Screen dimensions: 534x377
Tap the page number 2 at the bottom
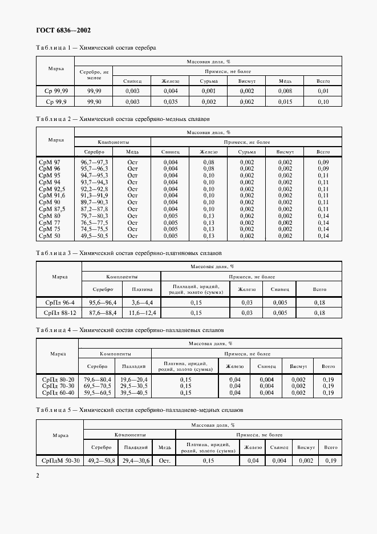(x=38, y=475)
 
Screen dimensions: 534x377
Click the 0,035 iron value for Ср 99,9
(x=171, y=102)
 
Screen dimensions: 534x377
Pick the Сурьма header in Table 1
(x=208, y=81)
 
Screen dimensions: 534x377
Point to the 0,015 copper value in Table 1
(x=285, y=102)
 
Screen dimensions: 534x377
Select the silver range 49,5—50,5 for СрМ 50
(x=95, y=236)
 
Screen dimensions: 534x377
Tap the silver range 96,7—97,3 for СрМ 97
(x=95, y=162)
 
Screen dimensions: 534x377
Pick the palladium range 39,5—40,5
(x=133, y=393)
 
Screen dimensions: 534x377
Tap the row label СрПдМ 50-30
(x=60, y=460)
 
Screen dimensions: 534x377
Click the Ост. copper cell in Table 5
(x=165, y=460)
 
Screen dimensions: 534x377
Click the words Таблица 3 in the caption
(x=54, y=252)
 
